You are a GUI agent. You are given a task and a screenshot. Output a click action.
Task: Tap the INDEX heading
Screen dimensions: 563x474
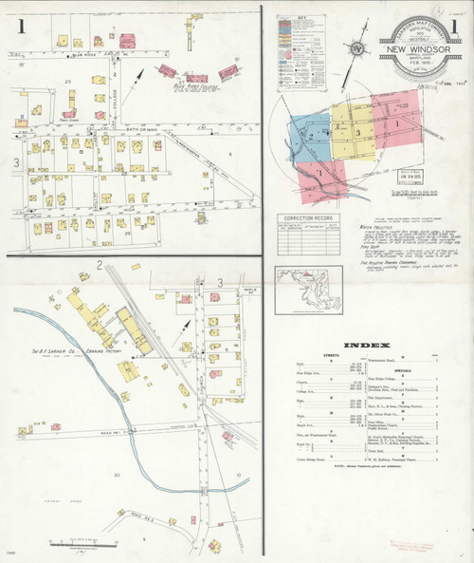[x=364, y=345]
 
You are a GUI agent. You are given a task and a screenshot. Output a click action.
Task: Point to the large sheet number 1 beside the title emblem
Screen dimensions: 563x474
[x=454, y=27]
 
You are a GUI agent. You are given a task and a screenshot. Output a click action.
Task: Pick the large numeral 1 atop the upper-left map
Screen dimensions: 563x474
[x=21, y=27]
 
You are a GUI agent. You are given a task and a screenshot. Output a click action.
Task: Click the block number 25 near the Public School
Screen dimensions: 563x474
[x=68, y=82]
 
